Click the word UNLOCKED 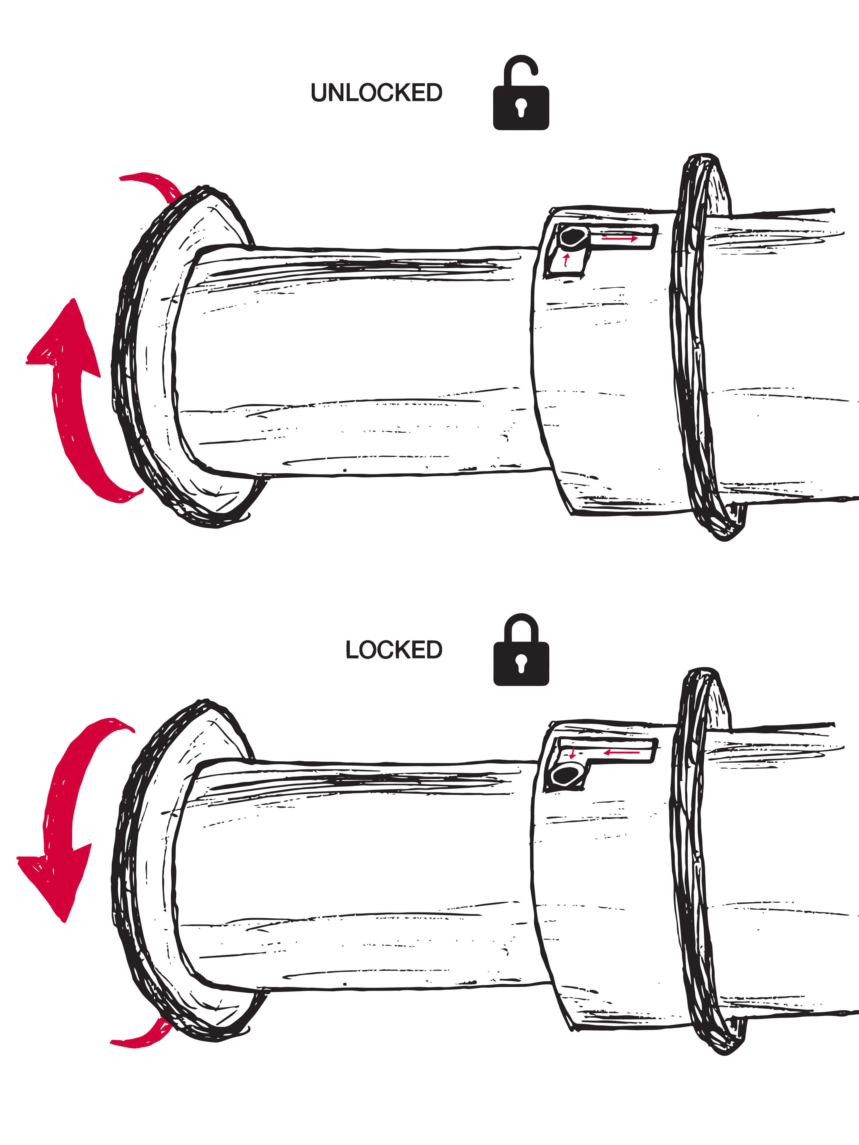(x=376, y=93)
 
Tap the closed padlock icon (x=521, y=650)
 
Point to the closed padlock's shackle (x=521, y=626)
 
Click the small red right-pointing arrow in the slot (x=620, y=239)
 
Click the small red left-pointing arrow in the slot (x=621, y=752)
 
